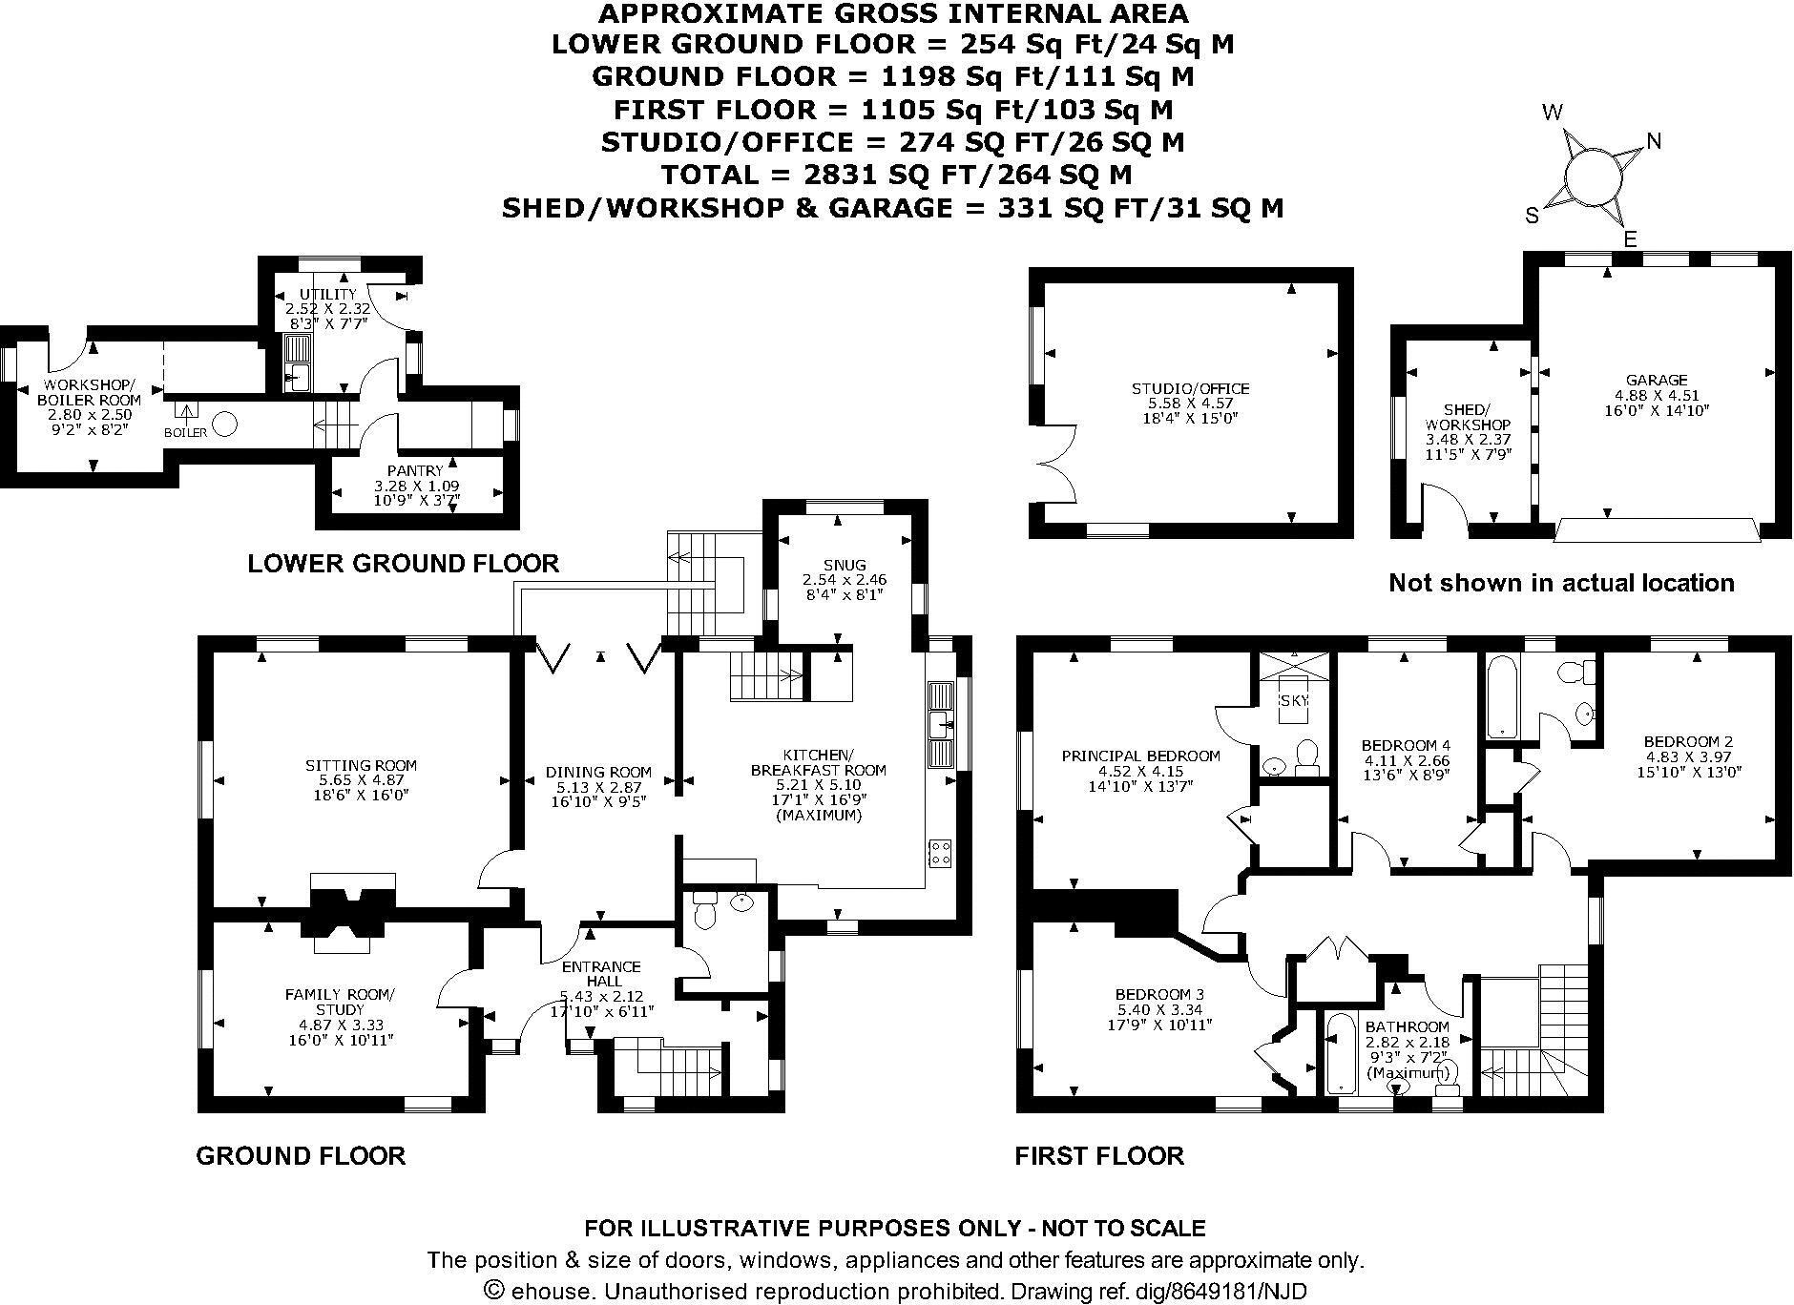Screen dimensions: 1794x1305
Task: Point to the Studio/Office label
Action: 1190,389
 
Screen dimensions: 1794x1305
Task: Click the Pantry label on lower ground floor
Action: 415,470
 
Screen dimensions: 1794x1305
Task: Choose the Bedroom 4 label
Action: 1406,745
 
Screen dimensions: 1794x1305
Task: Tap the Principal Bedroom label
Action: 1140,756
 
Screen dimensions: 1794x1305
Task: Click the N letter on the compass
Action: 1654,141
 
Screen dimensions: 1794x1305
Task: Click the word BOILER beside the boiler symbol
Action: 185,432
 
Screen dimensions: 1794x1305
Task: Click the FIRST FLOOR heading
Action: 1099,1156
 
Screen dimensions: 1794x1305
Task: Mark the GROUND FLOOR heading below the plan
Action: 301,1156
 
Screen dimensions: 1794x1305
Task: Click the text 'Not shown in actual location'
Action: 1561,583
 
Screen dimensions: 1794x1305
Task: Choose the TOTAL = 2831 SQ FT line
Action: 896,175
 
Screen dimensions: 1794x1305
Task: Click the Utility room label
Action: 327,294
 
